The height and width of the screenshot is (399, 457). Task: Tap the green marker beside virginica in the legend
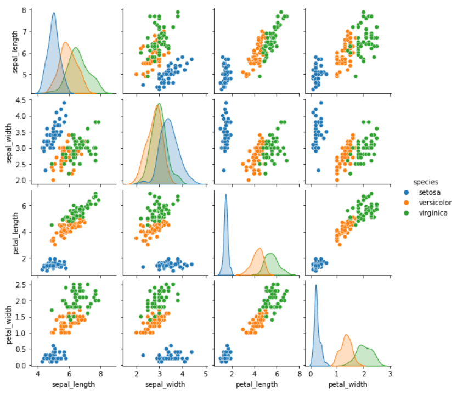tap(405, 212)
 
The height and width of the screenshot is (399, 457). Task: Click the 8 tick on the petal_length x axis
tap(300, 374)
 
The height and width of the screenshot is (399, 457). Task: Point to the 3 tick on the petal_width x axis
tap(390, 374)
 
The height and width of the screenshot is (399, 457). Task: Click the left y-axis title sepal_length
tap(9, 51)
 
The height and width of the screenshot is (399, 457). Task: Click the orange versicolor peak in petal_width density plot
tap(347, 335)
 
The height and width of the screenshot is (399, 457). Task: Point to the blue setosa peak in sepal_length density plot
tap(53, 13)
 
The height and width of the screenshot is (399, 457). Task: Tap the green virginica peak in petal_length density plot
tap(270, 254)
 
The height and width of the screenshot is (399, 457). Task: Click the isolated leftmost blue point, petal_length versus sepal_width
tap(143, 267)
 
